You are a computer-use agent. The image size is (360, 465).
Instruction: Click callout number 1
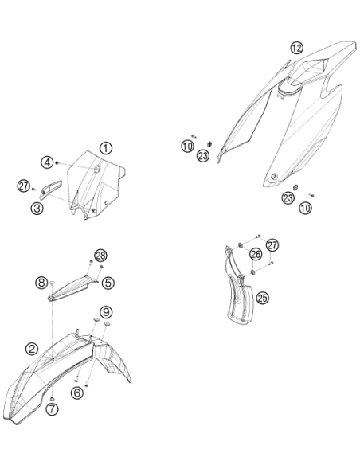(106, 148)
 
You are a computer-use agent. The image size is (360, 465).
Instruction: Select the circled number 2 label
(32, 349)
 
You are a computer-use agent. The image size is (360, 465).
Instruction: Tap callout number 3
(37, 208)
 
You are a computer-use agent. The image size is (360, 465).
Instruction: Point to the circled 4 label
(47, 162)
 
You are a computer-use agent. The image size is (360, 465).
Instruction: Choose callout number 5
(108, 283)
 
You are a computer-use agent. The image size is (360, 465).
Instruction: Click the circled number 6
(77, 393)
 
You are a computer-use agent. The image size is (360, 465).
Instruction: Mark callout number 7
(53, 409)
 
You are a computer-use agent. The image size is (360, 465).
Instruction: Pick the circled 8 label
(41, 283)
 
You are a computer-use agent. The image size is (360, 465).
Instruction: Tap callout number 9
(106, 311)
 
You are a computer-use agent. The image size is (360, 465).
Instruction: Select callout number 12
(297, 48)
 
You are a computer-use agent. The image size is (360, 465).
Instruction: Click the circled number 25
(263, 298)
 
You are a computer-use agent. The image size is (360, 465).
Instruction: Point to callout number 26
(256, 254)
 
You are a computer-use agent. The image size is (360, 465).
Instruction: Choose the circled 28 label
(101, 256)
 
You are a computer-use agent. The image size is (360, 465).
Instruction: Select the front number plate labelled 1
(95, 184)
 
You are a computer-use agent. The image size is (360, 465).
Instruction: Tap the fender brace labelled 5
(72, 287)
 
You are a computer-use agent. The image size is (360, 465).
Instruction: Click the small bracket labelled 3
(51, 190)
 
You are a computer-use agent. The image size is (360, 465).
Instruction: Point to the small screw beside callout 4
(57, 162)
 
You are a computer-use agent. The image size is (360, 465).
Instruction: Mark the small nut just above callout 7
(53, 398)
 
